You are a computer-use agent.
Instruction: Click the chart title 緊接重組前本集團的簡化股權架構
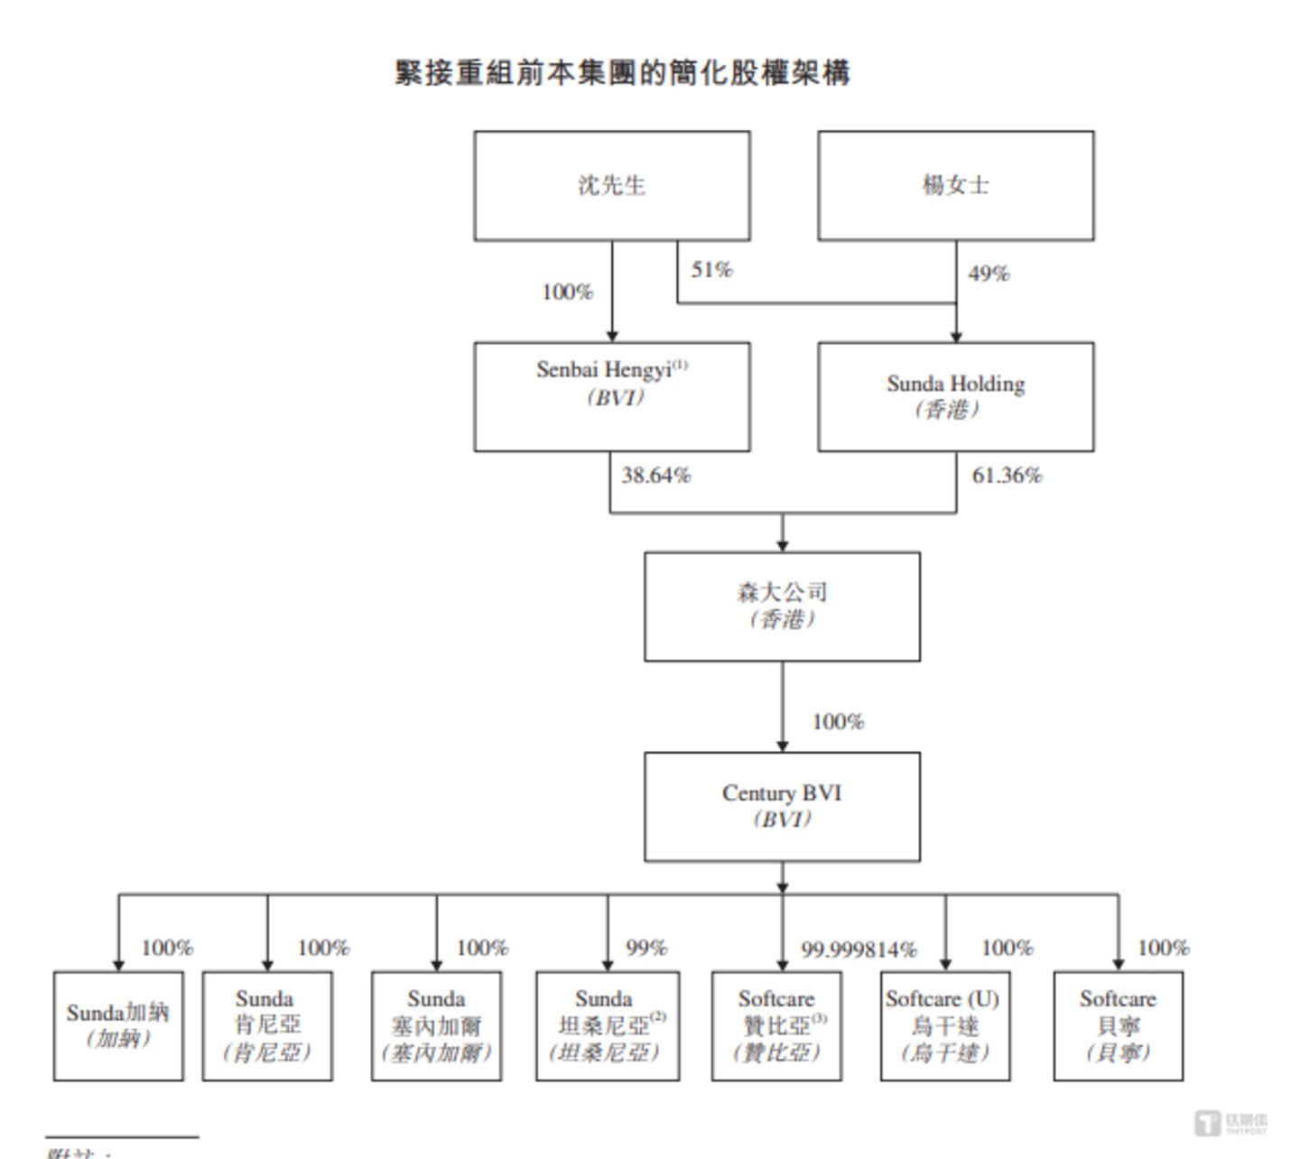point(622,72)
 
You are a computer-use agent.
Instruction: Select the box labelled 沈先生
point(612,186)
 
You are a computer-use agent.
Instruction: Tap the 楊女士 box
point(955,186)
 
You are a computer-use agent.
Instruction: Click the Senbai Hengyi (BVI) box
point(612,396)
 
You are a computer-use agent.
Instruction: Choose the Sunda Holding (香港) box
point(955,396)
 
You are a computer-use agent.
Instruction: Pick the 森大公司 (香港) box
point(782,607)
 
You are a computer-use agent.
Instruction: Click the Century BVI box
point(782,806)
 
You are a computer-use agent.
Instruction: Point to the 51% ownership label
point(711,270)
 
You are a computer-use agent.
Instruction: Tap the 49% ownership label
point(988,274)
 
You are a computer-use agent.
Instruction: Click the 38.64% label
point(655,476)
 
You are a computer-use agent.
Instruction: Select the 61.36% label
point(1007,476)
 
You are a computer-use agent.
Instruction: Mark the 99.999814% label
point(859,950)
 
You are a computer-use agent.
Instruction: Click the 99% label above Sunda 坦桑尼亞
point(646,948)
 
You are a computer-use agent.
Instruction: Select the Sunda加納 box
point(118,1025)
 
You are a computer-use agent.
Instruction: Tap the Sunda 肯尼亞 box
point(267,1025)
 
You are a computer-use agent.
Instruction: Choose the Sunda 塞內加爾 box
point(436,1025)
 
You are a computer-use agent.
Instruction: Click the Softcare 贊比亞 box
point(776,1025)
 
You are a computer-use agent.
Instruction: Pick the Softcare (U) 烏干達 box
point(945,1025)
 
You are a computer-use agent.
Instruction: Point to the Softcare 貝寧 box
point(1118,1025)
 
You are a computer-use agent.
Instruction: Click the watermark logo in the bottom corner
point(1231,1123)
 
